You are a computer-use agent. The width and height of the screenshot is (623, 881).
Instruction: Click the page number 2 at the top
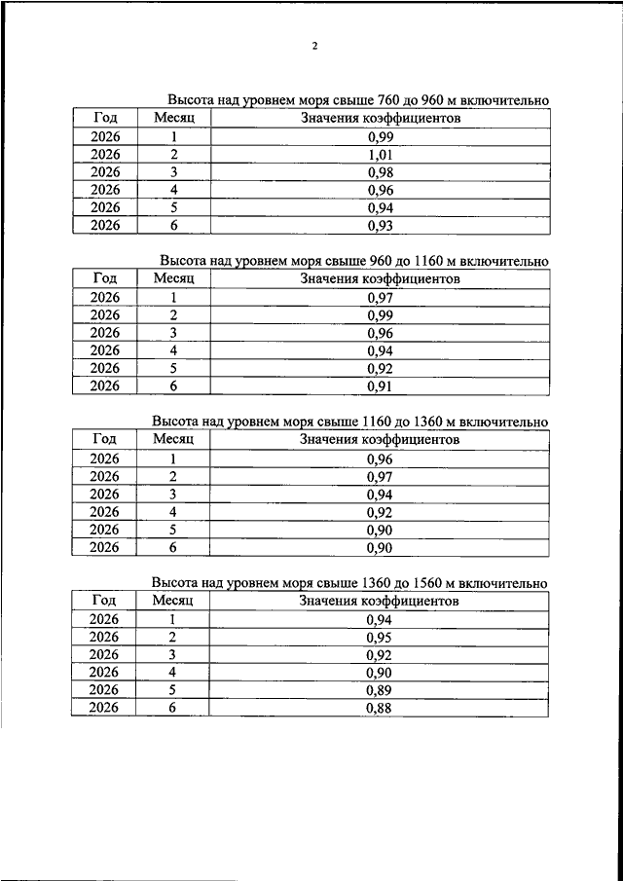point(315,46)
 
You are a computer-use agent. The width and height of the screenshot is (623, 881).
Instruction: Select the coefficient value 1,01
point(380,155)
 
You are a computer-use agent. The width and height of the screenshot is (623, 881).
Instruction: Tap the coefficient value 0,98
point(380,172)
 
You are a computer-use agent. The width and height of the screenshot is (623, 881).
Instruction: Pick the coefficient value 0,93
point(380,225)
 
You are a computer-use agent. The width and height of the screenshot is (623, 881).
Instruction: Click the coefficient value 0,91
point(380,386)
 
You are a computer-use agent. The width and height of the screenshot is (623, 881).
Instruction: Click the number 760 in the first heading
point(389,100)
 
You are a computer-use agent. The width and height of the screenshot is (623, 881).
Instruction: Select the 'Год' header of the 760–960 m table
point(104,118)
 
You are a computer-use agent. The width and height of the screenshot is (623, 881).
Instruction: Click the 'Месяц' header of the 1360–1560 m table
point(173,601)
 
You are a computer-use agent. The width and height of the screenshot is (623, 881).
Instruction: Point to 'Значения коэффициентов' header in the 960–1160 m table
point(380,279)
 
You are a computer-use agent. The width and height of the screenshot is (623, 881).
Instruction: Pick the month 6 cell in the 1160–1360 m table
point(173,547)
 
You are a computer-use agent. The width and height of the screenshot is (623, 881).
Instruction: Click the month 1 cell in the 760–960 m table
point(173,137)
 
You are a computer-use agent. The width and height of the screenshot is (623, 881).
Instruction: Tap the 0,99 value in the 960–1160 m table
point(380,315)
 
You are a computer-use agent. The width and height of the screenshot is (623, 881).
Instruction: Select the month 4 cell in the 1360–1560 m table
point(173,673)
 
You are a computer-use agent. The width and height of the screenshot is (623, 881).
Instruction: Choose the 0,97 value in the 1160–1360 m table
point(380,476)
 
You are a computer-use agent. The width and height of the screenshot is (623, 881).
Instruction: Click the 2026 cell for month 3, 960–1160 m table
point(104,333)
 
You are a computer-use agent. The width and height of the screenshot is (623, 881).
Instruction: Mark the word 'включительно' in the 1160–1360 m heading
point(502,422)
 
